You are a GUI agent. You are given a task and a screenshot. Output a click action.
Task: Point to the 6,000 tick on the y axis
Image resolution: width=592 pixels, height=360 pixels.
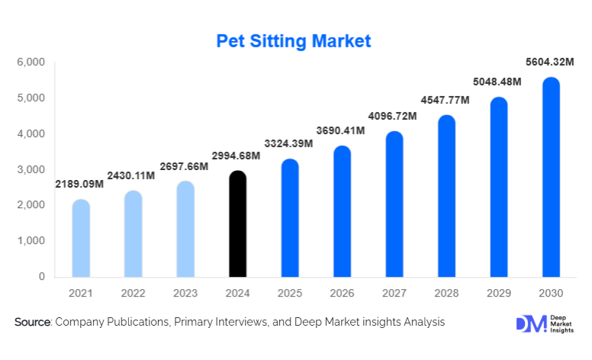pyautogui.click(x=31, y=63)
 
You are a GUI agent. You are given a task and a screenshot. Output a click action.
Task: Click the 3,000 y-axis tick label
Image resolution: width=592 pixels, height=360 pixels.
pyautogui.click(x=31, y=169)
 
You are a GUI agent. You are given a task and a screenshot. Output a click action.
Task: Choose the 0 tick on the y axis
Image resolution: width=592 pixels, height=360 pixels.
pyautogui.click(x=42, y=277)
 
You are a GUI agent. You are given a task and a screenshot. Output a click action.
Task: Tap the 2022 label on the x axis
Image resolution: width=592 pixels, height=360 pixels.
pyautogui.click(x=134, y=294)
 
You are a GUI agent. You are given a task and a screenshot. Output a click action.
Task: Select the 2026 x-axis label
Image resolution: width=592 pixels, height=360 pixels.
pyautogui.click(x=343, y=294)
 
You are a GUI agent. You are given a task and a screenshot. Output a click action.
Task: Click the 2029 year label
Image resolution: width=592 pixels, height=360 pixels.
pyautogui.click(x=499, y=294)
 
